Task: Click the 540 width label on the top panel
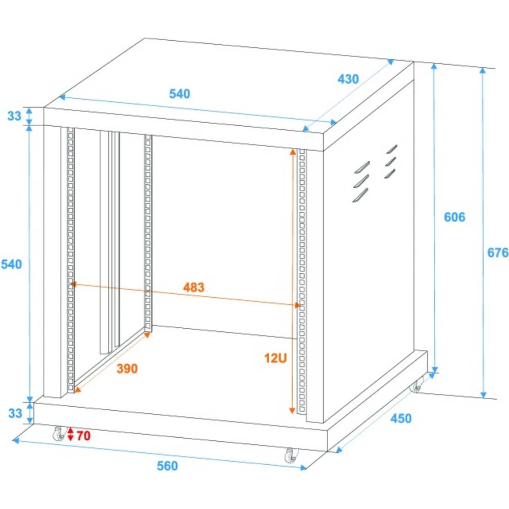point(180,94)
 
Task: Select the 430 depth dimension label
point(348,79)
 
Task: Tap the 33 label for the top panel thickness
point(15,116)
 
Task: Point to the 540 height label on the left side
point(11,264)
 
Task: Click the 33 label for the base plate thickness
point(15,413)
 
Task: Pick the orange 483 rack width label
point(193,287)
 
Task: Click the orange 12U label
point(276,358)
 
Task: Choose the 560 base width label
point(167,465)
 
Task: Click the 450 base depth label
point(401,418)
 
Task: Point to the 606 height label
point(455,217)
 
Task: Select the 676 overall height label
point(498,252)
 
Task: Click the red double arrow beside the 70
point(71,435)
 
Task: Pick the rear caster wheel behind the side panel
point(417,385)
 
